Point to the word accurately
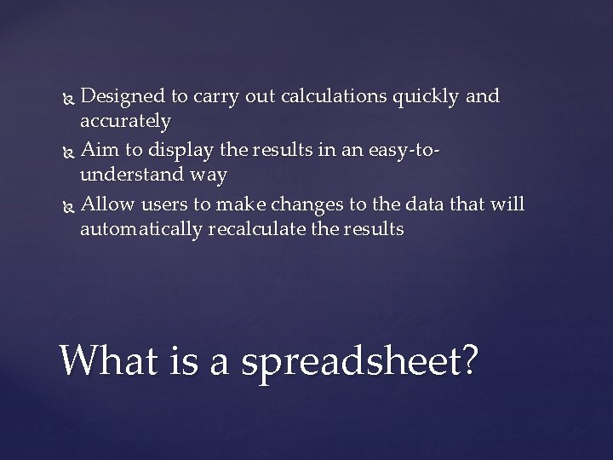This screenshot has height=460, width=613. pyautogui.click(x=125, y=122)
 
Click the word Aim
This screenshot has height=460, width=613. pyautogui.click(x=98, y=149)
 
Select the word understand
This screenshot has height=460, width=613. pyautogui.click(x=129, y=175)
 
